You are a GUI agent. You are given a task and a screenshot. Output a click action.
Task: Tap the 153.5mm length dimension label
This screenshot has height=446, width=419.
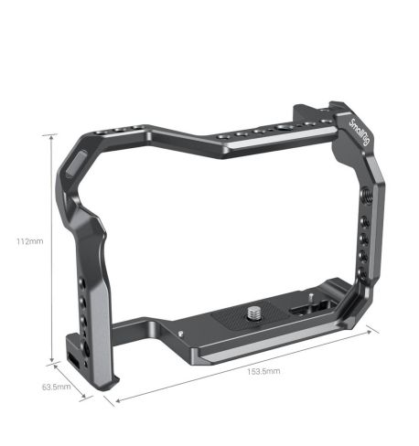264,371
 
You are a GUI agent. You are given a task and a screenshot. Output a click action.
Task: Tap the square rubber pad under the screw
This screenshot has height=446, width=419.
240,320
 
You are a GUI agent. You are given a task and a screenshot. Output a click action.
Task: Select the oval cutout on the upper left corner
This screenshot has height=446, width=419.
75,167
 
